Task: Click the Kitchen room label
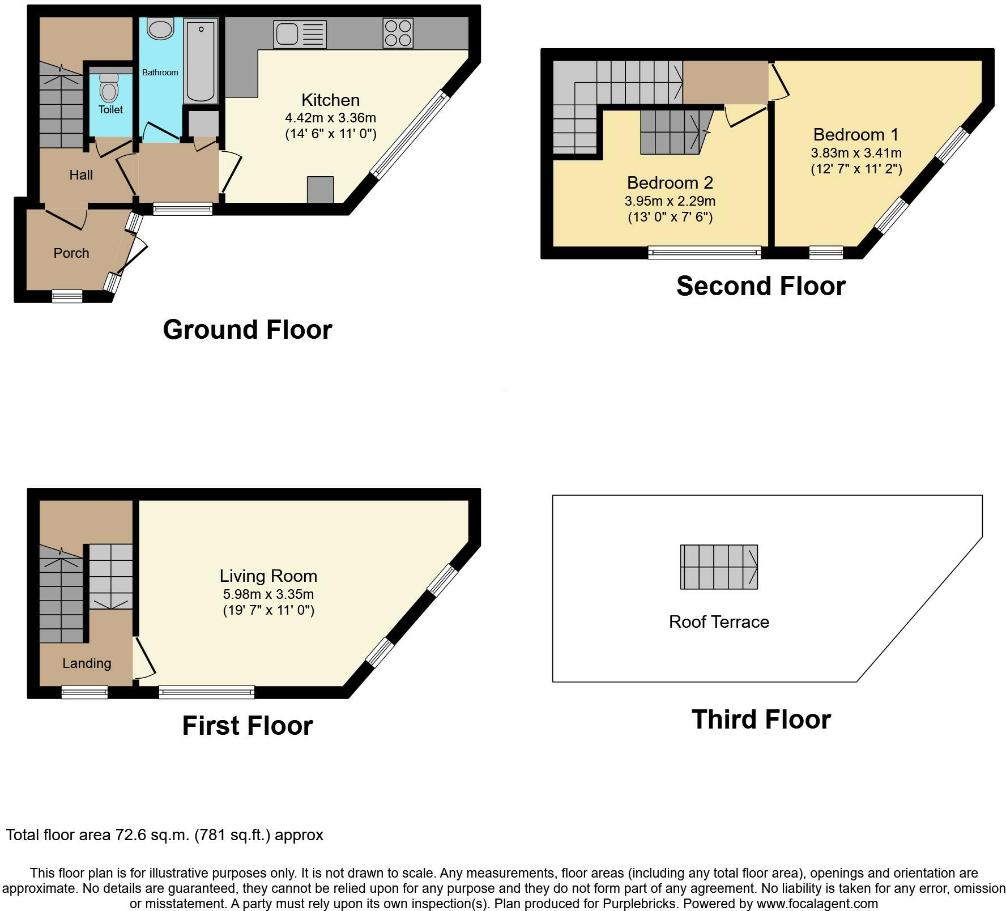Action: [330, 100]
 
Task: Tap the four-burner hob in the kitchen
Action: [398, 33]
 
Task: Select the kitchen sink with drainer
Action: [300, 34]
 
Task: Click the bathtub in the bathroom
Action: [201, 61]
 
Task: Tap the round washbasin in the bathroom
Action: [160, 28]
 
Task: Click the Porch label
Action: [71, 253]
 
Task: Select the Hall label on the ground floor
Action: [81, 175]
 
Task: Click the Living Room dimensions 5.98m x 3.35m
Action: [268, 594]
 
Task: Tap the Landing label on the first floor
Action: [87, 663]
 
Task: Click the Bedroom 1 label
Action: [856, 135]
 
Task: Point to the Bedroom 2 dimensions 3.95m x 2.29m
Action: [670, 201]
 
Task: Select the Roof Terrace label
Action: [719, 622]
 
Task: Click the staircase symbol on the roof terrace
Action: [719, 567]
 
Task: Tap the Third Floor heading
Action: [761, 720]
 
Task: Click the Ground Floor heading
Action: [248, 330]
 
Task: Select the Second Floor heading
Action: [761, 286]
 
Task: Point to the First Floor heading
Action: [248, 726]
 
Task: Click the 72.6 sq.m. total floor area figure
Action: [152, 835]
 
